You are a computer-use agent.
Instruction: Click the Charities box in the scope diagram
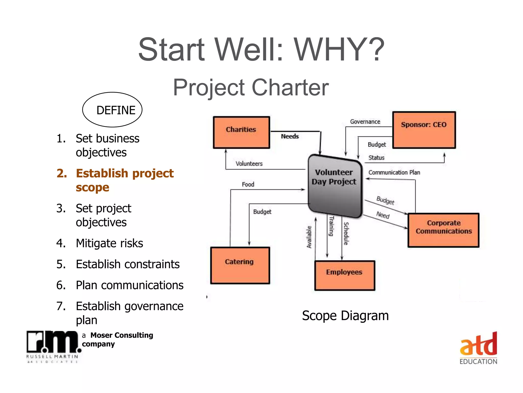241,132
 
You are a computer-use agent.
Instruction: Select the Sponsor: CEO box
424,130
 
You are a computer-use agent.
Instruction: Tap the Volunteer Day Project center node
335,185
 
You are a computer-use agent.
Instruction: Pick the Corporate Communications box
443,230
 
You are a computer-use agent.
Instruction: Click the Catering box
240,265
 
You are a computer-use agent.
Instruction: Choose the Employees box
344,275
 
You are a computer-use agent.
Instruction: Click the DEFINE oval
112,110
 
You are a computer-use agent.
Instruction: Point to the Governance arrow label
365,122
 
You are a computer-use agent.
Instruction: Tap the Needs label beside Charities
290,136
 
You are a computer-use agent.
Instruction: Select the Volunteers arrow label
249,164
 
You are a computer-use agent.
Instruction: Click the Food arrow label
248,184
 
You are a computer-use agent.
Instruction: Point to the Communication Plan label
394,173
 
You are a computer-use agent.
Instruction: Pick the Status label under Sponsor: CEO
376,158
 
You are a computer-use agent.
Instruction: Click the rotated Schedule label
346,234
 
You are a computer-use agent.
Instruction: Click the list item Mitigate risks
109,243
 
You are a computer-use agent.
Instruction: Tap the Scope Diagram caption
345,316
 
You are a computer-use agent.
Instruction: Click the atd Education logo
478,348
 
